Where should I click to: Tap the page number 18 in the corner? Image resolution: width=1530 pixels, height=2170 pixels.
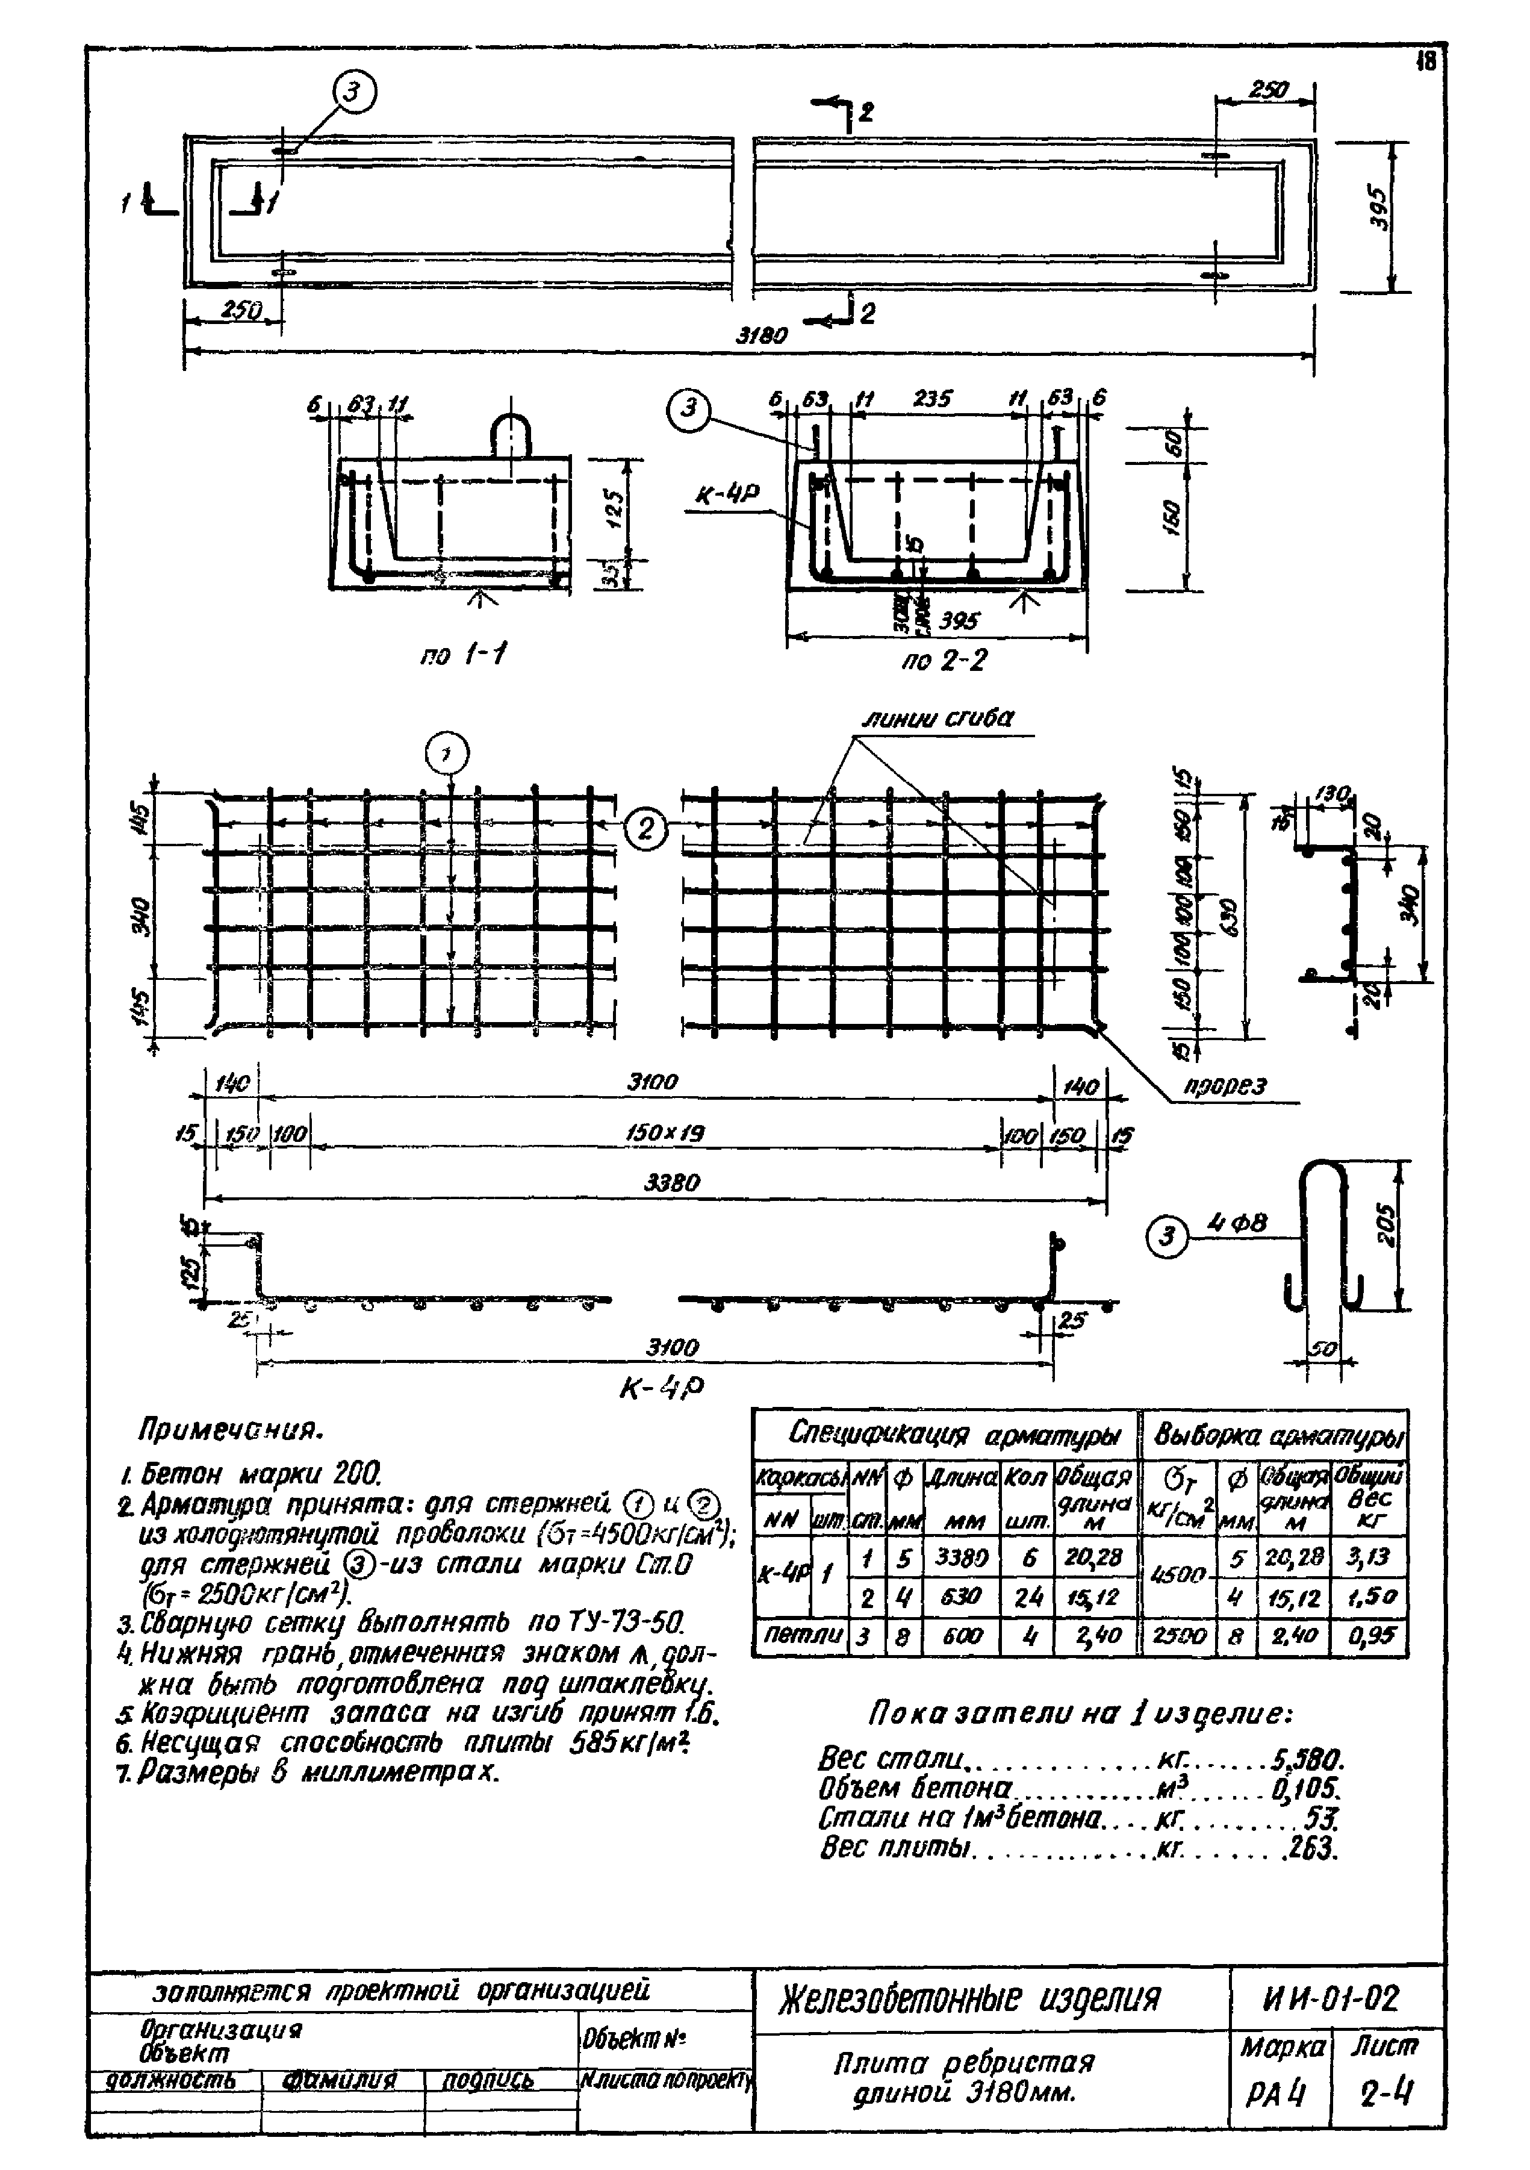click(1425, 63)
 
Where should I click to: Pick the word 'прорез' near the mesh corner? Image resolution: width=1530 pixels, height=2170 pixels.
click(1226, 1086)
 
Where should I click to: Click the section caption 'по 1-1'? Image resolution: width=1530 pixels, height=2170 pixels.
click(462, 654)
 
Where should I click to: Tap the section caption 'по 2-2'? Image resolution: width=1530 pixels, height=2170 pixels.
click(942, 659)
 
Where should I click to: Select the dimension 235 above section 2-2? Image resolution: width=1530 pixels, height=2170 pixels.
click(933, 399)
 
